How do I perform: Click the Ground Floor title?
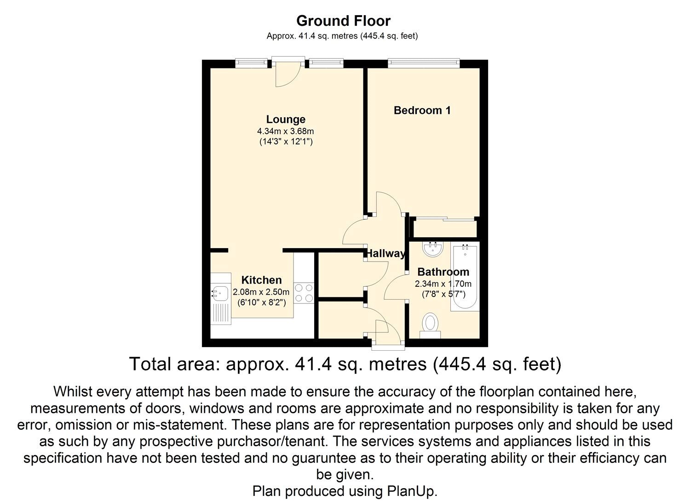[x=343, y=21]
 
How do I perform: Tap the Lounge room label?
[x=286, y=120]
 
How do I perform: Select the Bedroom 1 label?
[x=422, y=110]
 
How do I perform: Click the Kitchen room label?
[x=261, y=280]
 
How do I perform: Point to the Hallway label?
[x=385, y=253]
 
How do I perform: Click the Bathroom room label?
[x=443, y=272]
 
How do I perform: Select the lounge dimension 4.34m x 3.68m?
[x=285, y=131]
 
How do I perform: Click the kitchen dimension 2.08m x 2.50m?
[x=261, y=292]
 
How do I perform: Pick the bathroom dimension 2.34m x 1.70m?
[x=443, y=284]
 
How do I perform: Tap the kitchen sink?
[x=220, y=292]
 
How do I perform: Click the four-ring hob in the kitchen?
[x=304, y=293]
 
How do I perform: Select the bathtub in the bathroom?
[x=465, y=278]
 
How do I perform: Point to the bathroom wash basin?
[x=433, y=249]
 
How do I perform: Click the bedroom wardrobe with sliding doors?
[x=444, y=228]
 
